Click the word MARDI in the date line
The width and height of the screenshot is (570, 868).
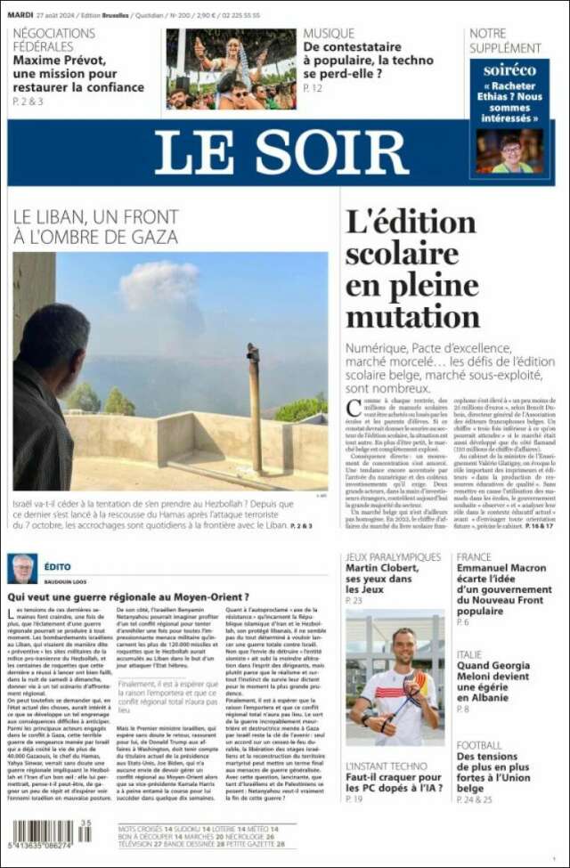[x=20, y=15]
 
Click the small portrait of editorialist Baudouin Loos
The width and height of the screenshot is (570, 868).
[x=22, y=568]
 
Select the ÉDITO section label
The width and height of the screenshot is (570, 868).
[x=57, y=567]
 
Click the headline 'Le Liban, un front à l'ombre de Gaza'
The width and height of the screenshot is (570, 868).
[x=96, y=226]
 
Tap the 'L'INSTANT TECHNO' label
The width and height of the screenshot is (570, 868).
[x=386, y=766]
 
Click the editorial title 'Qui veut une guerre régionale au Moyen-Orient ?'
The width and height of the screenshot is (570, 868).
[x=128, y=596]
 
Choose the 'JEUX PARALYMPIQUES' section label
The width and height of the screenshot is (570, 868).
[x=393, y=557]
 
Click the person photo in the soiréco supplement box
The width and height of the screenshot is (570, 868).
[x=509, y=150]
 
